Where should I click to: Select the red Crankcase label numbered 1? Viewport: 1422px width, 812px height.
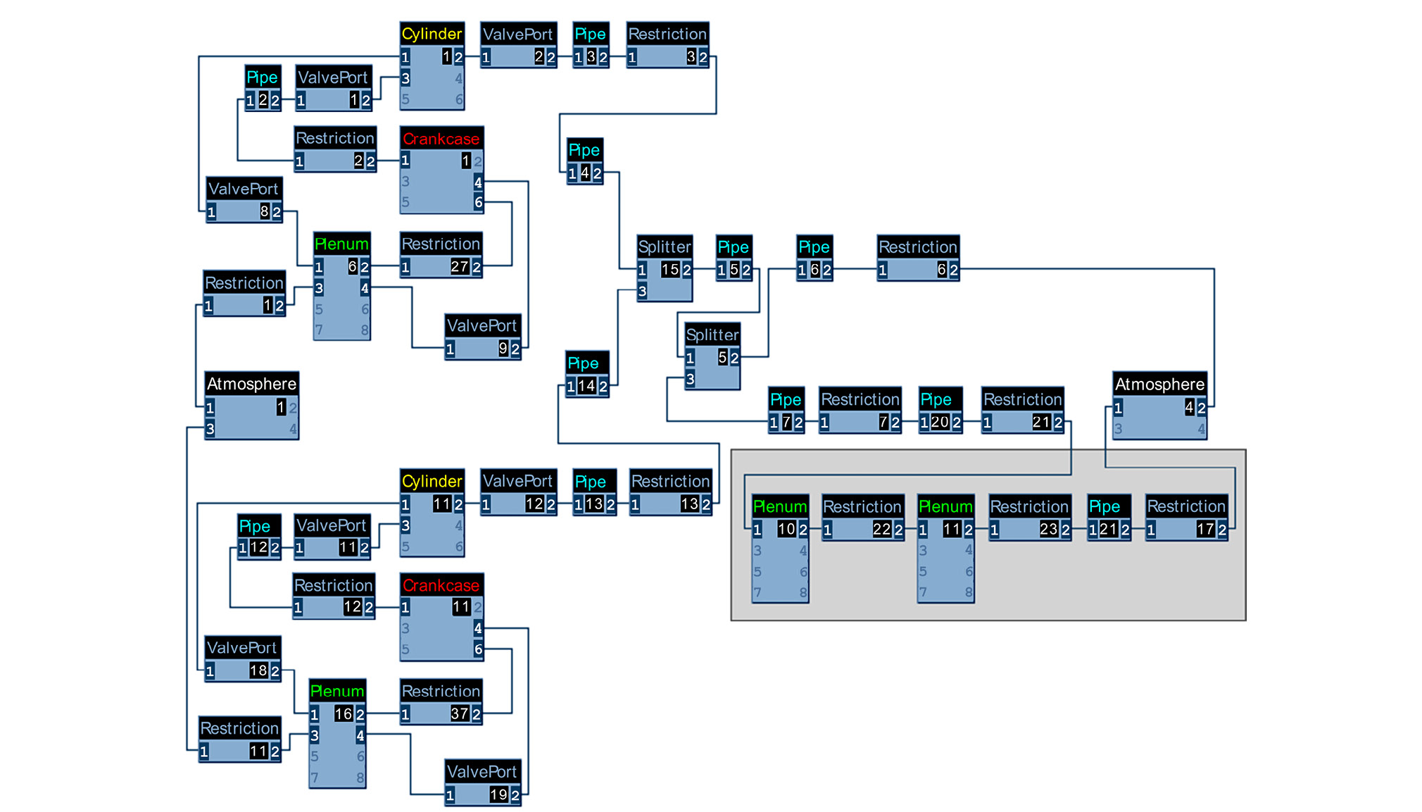441,139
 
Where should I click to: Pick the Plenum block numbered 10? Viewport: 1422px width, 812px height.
780,549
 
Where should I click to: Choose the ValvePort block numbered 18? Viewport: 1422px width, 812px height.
243,660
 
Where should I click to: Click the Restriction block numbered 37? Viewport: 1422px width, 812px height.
441,704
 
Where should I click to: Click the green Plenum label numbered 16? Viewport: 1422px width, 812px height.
337,691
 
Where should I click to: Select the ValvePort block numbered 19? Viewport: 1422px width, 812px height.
483,784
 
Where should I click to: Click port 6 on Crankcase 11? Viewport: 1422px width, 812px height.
478,649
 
